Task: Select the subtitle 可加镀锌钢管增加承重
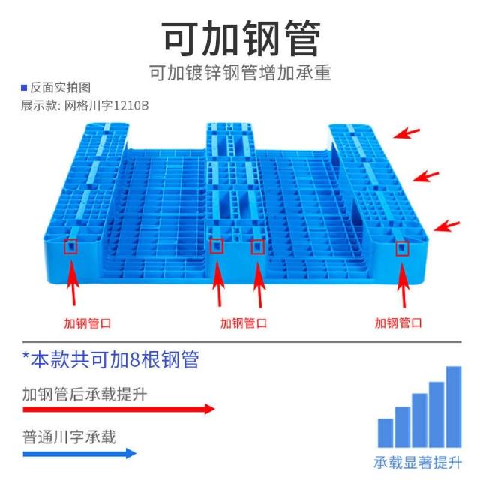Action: (240, 74)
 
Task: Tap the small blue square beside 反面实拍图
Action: (24, 88)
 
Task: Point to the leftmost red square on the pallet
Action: (72, 246)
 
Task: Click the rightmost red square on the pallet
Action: (402, 247)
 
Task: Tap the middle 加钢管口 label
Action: (243, 323)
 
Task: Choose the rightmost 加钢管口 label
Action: (398, 323)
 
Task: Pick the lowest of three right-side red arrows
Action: (448, 224)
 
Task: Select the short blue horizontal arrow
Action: (79, 453)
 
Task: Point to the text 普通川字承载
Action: (69, 436)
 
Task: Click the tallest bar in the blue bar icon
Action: (454, 405)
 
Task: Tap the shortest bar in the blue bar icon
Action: (385, 432)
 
